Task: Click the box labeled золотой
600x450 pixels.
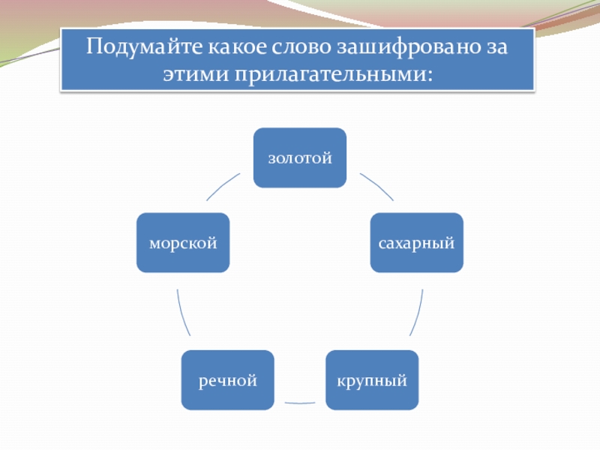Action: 299,157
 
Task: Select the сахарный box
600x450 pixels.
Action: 416,242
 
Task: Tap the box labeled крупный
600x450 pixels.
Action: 371,380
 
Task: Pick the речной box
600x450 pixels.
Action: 227,380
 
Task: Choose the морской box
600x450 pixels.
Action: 182,242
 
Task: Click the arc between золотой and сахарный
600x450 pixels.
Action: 377,186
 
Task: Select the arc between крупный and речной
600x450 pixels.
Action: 299,403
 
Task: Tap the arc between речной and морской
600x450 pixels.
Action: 182,312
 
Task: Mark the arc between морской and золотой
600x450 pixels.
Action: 222,186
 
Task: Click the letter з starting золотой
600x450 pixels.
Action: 272,159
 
